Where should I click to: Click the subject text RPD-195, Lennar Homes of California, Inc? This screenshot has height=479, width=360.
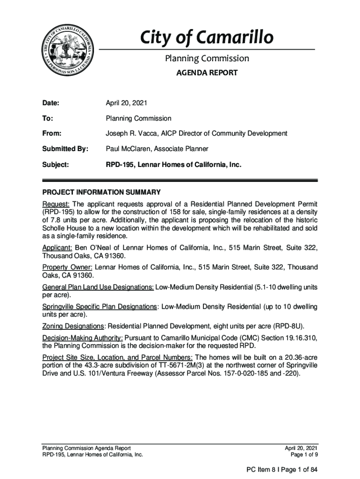[173, 164]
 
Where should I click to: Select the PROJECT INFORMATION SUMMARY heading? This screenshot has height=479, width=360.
[101, 192]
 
